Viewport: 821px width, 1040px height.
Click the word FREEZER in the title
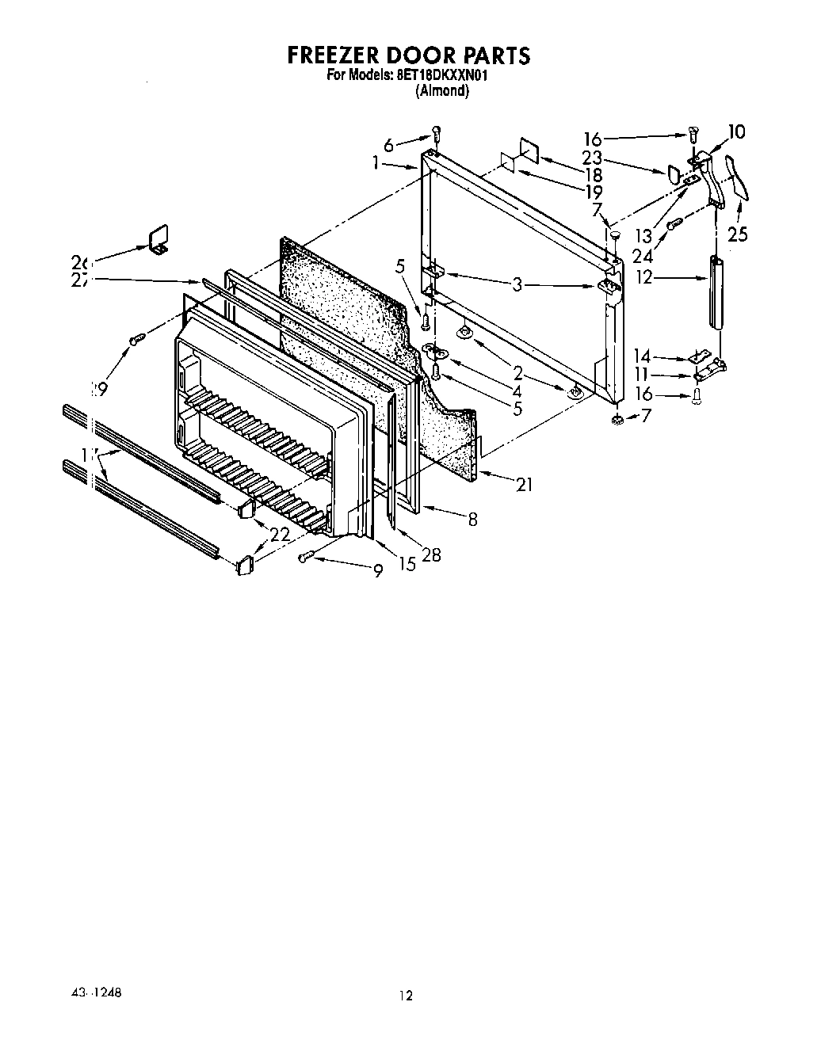(334, 56)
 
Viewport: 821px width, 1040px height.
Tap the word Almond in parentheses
(442, 90)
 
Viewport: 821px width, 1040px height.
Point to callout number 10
(736, 131)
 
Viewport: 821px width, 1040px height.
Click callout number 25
(738, 234)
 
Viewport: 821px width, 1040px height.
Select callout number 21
(524, 485)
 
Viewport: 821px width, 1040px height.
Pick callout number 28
(431, 554)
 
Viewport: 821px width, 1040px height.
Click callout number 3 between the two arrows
(517, 284)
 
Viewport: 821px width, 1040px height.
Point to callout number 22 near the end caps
(279, 535)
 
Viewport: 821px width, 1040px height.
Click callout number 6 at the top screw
(388, 145)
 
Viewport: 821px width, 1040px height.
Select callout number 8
(472, 520)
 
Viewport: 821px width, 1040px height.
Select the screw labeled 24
(672, 225)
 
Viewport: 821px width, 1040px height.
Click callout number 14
(641, 357)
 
